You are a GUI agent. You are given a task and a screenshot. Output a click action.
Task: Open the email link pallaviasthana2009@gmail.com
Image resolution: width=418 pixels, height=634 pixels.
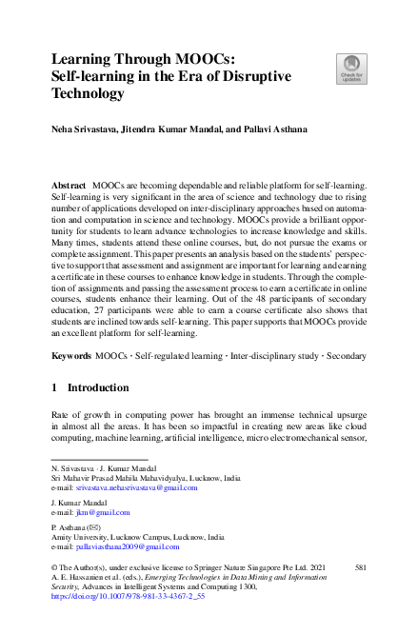click(x=128, y=546)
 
